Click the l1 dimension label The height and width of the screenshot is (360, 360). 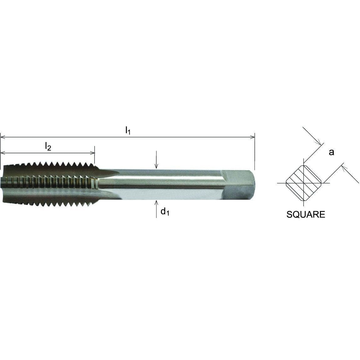point(127,130)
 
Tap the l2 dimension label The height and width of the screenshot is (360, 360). point(48,146)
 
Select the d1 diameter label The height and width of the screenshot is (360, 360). point(165,212)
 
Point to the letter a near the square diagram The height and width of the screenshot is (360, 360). point(331,152)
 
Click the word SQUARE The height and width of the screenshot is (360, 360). point(306,215)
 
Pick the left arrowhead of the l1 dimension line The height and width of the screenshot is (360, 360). point(3,137)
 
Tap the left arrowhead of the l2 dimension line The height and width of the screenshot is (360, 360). point(3,153)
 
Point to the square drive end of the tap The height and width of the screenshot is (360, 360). point(239,185)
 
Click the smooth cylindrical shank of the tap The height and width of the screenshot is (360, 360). point(169,185)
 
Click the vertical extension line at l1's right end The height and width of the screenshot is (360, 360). point(255,150)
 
